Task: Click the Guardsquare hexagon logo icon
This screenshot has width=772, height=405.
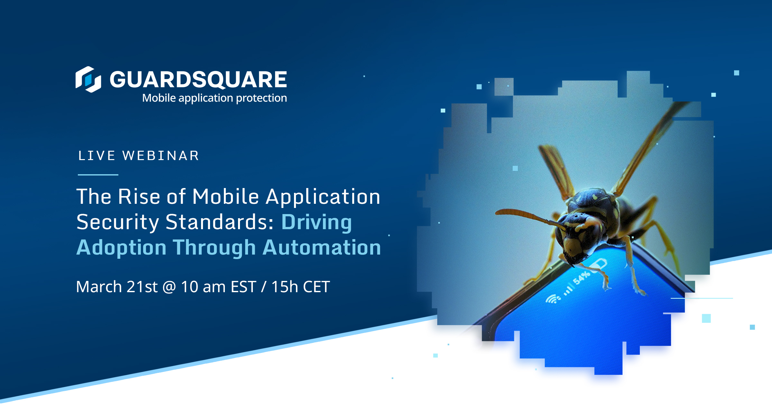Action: [88, 79]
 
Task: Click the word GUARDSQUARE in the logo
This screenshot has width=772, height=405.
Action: [198, 79]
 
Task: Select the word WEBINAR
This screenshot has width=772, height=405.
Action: [161, 156]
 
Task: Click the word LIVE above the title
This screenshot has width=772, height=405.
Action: [96, 156]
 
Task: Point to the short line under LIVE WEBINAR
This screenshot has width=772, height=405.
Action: [98, 175]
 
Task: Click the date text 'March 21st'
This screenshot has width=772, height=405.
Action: [117, 286]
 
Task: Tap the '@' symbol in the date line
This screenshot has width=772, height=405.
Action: [169, 287]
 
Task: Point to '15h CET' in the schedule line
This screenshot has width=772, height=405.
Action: [300, 286]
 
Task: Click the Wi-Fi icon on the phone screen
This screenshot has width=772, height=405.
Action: [552, 299]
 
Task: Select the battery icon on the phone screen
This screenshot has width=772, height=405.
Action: [599, 265]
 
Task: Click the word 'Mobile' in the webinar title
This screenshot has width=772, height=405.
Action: [225, 196]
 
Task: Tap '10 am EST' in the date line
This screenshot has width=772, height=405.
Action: [218, 286]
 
